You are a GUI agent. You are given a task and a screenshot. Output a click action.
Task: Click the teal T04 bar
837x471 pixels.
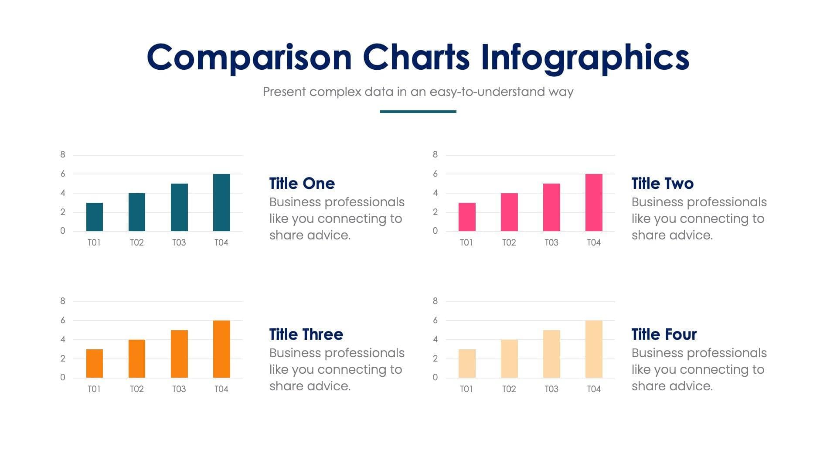point(221,203)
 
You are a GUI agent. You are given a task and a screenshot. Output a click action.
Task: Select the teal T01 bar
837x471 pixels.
point(95,217)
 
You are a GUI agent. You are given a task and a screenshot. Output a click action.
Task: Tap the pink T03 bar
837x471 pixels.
point(551,207)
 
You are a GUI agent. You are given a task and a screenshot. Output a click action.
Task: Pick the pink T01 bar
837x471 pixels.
point(467,217)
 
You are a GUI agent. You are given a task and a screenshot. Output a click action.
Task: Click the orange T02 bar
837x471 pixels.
point(137,358)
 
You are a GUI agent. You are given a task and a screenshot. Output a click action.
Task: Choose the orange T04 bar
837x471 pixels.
point(221,349)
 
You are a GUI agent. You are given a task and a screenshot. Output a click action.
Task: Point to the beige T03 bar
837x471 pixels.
point(551,354)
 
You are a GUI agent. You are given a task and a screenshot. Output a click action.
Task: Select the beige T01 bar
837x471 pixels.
point(467,363)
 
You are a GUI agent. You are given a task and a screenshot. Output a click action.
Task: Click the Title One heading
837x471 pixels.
point(302,184)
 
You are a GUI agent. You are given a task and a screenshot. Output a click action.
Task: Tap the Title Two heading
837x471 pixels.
point(662,184)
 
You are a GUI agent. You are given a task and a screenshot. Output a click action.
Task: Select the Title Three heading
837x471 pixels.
point(306,334)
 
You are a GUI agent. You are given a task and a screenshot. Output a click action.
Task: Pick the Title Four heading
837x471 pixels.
point(664,334)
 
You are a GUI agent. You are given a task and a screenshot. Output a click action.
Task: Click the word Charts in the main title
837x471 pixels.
point(416,58)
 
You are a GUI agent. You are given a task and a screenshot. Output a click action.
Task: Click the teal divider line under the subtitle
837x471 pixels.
point(418,112)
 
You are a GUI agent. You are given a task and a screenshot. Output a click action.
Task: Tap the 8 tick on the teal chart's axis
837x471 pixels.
point(63,154)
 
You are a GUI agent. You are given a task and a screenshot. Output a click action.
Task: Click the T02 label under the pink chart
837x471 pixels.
point(509,242)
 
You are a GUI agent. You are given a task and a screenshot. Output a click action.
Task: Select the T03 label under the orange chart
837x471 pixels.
point(179,389)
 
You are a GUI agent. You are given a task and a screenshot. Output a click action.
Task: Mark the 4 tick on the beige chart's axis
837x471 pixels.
point(435,339)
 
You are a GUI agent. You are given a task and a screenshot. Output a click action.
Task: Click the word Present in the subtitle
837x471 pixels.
point(284,92)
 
